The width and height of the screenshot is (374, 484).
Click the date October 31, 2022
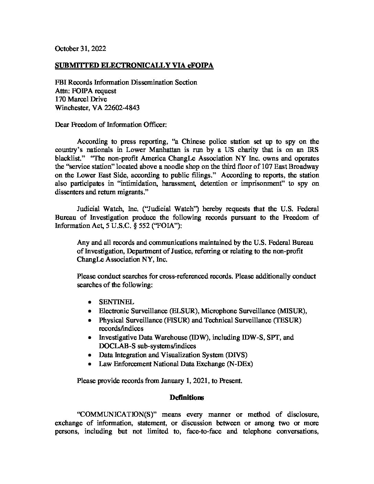(x=80, y=48)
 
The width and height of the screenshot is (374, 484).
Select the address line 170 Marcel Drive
(x=81, y=99)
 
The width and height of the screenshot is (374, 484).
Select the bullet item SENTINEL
(x=117, y=302)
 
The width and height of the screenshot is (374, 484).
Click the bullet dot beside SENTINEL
(x=90, y=302)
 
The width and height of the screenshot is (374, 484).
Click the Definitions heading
(x=187, y=398)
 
